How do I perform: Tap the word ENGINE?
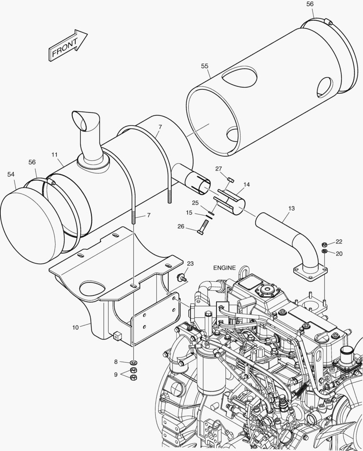click(x=224, y=268)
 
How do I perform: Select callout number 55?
click(x=205, y=66)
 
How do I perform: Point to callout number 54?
click(x=11, y=174)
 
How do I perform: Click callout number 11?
click(x=55, y=155)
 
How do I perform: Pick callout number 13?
click(x=291, y=208)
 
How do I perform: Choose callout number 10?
click(x=75, y=327)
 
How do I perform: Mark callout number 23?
click(x=190, y=264)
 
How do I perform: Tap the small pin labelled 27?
click(x=231, y=180)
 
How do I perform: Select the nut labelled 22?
click(x=325, y=244)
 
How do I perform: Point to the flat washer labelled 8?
click(x=134, y=362)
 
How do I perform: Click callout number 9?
click(x=116, y=375)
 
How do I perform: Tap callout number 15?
click(x=189, y=213)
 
